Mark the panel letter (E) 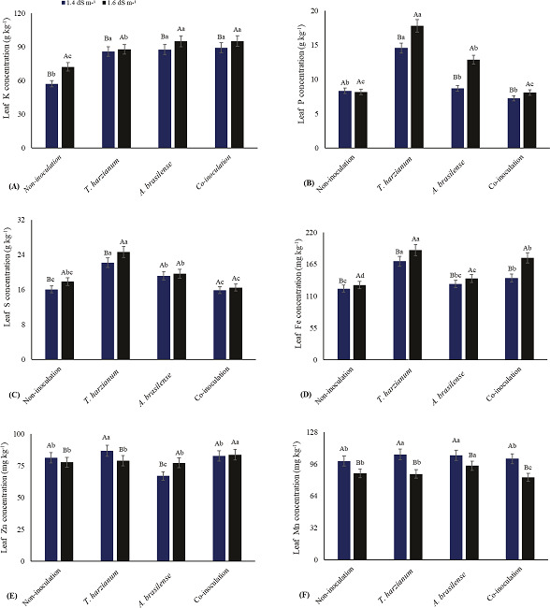pos(13,594)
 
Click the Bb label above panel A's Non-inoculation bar pos(51,75)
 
